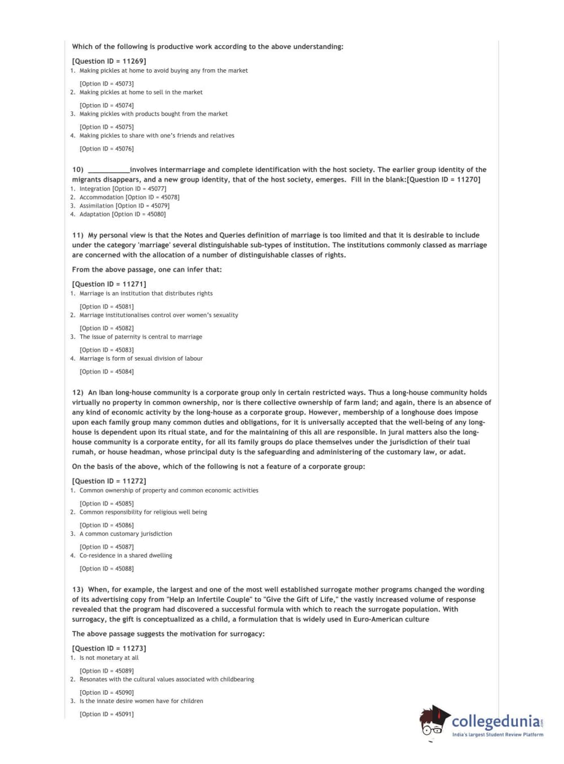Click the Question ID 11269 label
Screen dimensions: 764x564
tap(109, 61)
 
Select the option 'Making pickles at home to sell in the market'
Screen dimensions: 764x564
tap(141, 92)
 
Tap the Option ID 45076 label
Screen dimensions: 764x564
tap(106, 149)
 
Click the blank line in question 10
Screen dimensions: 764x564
tap(108, 170)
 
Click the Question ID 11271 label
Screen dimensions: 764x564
tap(109, 284)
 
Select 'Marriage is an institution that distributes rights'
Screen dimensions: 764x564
tap(146, 294)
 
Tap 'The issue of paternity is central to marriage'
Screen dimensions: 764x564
tap(141, 337)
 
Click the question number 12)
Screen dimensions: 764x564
tap(78, 393)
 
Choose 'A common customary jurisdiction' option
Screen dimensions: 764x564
tap(126, 534)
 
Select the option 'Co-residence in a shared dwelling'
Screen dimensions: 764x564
tap(126, 556)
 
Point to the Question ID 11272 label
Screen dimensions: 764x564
tap(109, 481)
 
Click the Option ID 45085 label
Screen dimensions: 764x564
tap(106, 504)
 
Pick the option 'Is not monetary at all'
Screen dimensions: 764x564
tap(109, 658)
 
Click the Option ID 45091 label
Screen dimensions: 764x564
tap(106, 714)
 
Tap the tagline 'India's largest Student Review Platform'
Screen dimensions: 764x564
tap(498, 735)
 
